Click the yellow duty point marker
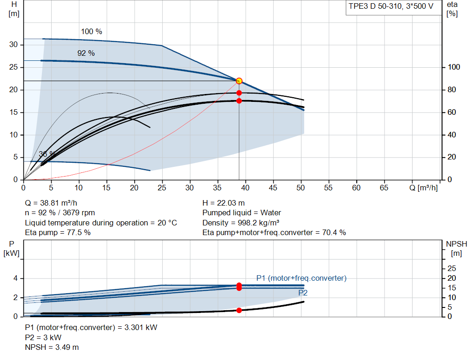239,81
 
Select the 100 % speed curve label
92,32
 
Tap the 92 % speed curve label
86,53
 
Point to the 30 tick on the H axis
13,45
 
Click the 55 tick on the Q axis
328,188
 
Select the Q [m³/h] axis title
424,188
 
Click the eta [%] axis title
452,9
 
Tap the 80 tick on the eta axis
452,90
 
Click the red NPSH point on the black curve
239,310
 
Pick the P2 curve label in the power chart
303,293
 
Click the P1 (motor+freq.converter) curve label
301,278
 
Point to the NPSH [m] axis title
456,248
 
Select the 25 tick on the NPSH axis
452,268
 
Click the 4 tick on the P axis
15,278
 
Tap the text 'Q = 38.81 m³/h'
51,203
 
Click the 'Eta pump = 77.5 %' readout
58,233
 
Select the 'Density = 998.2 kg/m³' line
241,223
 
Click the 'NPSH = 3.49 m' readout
52,348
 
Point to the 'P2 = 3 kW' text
43,338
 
